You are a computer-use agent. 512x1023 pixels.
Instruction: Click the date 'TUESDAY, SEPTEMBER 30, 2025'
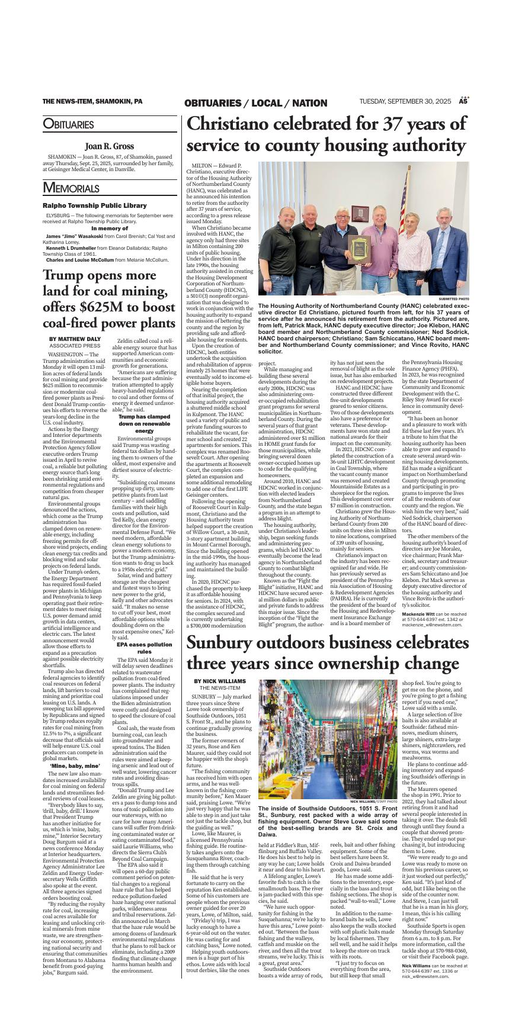[405, 102]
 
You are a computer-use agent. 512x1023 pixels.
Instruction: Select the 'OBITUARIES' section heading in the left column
[68, 125]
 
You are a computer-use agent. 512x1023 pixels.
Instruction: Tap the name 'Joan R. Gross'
[110, 146]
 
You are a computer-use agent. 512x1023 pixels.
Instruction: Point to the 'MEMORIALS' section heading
[71, 188]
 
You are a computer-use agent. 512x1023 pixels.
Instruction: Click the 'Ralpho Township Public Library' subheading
[94, 205]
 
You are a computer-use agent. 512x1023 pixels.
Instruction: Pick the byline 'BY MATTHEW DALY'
[75, 339]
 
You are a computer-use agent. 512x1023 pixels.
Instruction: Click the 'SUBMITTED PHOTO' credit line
[453, 299]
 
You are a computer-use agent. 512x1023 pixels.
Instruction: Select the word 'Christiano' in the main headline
[238, 124]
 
